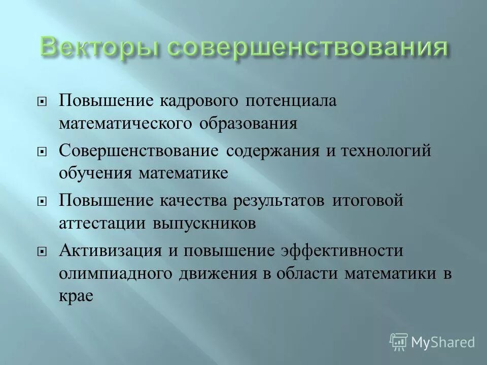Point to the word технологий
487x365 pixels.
tap(385, 151)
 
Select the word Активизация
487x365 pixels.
tap(110, 250)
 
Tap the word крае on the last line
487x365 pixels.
tap(77, 297)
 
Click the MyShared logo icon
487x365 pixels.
tap(398, 341)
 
